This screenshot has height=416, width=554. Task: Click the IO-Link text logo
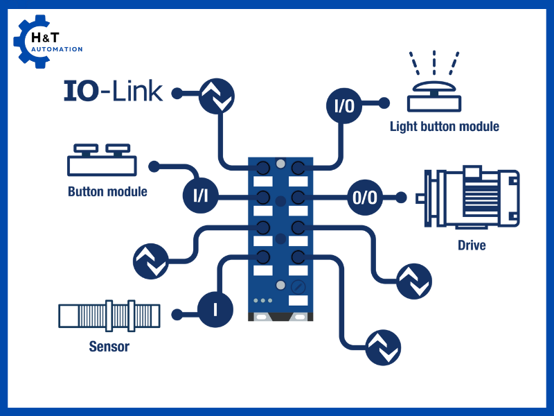(114, 91)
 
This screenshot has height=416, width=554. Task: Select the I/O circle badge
(344, 106)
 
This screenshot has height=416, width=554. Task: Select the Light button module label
(444, 126)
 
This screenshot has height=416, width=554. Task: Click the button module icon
(102, 160)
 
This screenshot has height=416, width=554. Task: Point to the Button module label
(107, 191)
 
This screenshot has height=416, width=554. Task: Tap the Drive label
(472, 245)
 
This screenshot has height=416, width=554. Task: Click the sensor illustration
(109, 315)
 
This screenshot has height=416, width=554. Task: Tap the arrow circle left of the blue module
(150, 260)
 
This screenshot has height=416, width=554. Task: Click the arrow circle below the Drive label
(414, 281)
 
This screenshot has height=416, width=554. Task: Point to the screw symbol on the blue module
(299, 286)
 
